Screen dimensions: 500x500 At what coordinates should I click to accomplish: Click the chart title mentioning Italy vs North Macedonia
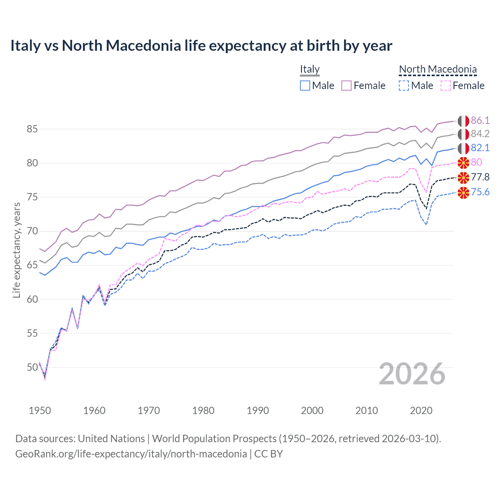(201, 46)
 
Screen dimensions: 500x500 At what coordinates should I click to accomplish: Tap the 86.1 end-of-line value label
(480, 120)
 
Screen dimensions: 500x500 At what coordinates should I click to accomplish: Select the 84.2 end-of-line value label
(480, 134)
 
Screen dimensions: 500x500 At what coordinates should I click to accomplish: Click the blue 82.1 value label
(480, 148)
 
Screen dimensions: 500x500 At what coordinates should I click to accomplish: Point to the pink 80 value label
(477, 162)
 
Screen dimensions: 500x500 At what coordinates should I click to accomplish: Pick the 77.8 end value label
(480, 177)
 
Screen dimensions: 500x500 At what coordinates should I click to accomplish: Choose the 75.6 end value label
(480, 192)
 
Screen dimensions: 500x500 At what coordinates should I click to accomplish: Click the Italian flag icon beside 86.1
(463, 121)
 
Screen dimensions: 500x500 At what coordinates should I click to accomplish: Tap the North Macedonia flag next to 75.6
(463, 192)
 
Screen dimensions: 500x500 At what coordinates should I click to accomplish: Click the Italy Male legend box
(305, 86)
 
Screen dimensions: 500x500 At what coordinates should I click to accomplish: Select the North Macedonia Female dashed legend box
(446, 86)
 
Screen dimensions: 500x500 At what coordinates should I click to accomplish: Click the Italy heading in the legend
(310, 69)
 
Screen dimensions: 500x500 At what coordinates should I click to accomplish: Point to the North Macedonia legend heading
(438, 69)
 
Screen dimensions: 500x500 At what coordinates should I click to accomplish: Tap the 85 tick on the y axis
(32, 129)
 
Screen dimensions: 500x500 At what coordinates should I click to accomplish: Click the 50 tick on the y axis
(32, 367)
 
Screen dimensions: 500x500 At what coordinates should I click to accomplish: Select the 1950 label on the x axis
(40, 411)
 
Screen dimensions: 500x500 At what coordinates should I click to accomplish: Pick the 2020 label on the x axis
(421, 411)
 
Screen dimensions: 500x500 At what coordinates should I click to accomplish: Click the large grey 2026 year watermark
(412, 374)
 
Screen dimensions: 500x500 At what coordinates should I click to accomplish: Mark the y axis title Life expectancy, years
(17, 250)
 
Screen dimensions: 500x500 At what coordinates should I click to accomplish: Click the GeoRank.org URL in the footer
(131, 454)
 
